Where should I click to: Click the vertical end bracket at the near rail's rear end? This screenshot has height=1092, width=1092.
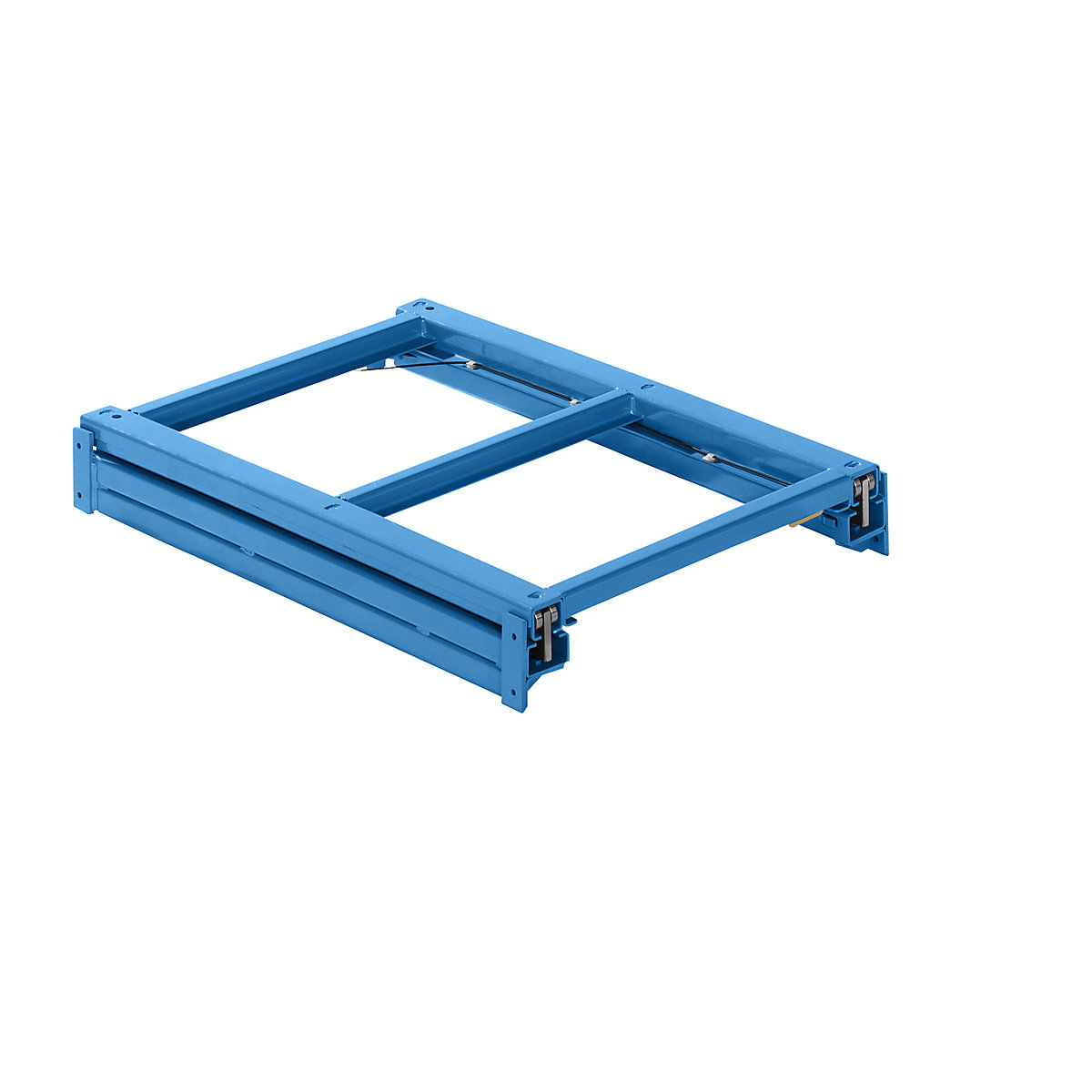pos(84,469)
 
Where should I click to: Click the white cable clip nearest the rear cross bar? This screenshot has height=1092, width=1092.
pos(472,364)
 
